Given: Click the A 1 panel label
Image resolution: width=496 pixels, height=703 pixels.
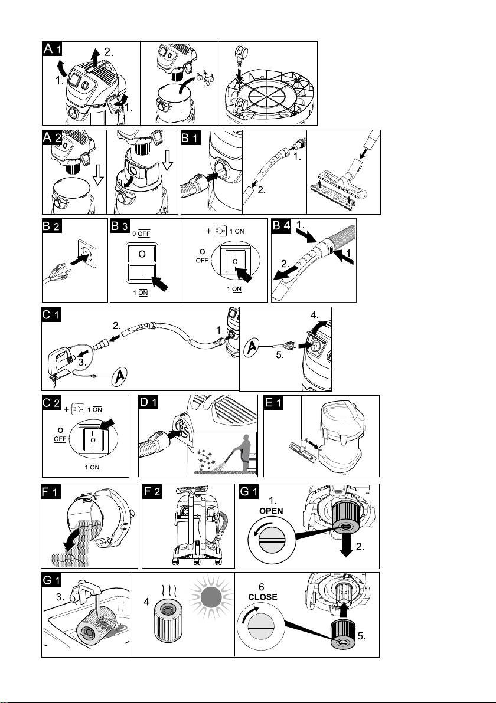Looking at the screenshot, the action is click(x=52, y=48).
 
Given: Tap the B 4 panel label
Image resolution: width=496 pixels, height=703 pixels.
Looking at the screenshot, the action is click(x=282, y=225).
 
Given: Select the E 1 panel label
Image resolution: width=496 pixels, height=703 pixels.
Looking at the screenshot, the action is click(x=273, y=402).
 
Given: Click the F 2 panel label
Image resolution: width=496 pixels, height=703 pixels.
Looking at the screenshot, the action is click(x=152, y=491).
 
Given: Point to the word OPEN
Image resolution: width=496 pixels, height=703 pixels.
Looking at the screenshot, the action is click(x=271, y=511).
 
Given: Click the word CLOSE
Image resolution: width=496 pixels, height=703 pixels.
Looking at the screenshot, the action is click(x=263, y=597).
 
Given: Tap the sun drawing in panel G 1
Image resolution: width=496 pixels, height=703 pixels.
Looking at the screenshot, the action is click(x=211, y=597).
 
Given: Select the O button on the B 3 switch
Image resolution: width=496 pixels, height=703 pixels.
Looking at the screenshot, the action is click(x=142, y=254).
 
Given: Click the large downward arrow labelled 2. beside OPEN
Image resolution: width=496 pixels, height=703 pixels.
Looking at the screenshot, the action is click(x=346, y=544).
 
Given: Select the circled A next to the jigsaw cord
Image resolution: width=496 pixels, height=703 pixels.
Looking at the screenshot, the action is click(x=119, y=376).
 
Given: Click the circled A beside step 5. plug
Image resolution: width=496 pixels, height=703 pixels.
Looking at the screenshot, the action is click(x=253, y=347).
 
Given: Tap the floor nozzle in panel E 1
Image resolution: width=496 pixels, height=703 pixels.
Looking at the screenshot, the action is click(x=300, y=449).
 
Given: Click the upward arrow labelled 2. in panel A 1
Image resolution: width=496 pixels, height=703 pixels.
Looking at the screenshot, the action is click(x=94, y=57).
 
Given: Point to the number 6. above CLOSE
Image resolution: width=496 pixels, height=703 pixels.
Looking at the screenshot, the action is click(x=262, y=587).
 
